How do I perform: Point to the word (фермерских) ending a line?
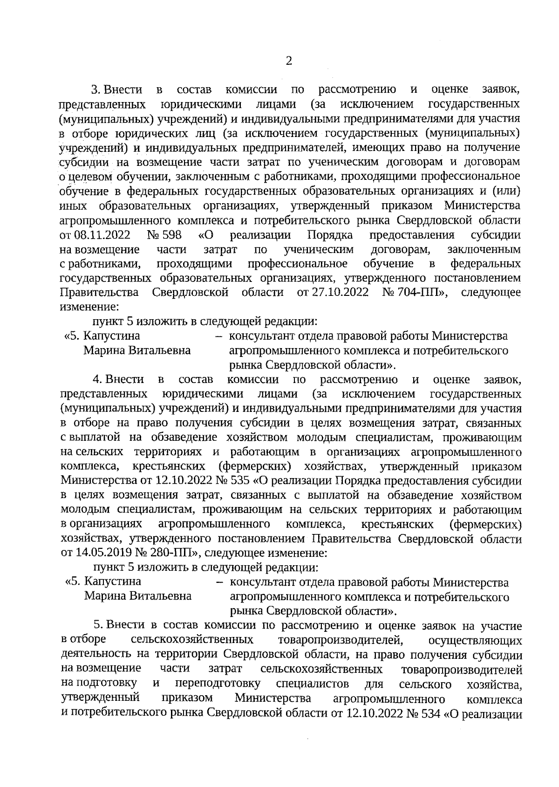[x=485, y=525]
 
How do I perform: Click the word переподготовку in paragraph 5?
[x=218, y=684]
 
